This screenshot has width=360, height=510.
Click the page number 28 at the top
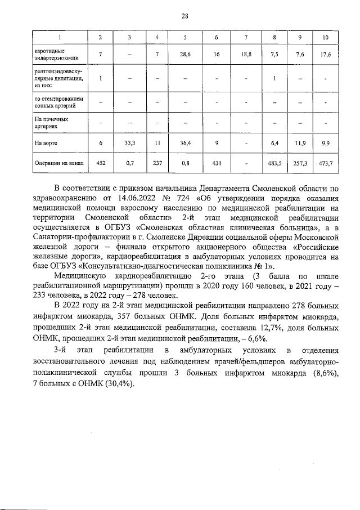click(x=184, y=16)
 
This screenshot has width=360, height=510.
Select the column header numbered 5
click(x=185, y=38)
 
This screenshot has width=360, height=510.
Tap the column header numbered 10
click(x=325, y=38)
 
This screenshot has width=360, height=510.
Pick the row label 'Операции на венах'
click(x=58, y=164)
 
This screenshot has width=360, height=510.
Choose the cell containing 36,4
click(x=185, y=144)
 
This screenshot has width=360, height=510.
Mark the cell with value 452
click(x=100, y=164)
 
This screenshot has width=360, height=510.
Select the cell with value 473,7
click(x=325, y=164)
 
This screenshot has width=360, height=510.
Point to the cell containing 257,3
click(x=300, y=164)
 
